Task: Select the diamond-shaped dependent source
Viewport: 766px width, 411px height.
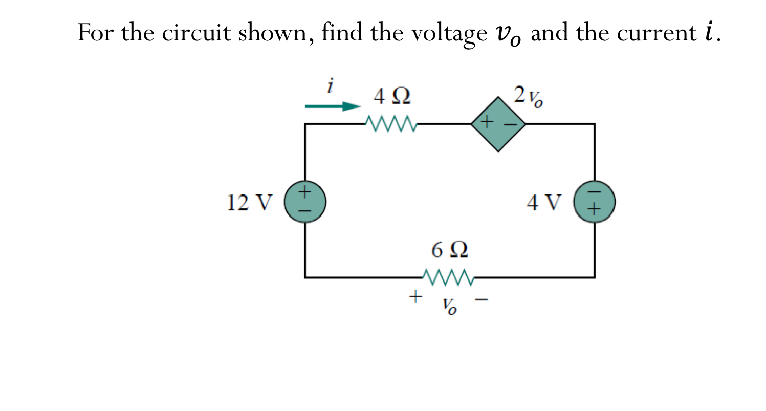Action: (x=498, y=124)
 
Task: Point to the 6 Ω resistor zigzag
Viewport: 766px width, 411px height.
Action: (x=449, y=277)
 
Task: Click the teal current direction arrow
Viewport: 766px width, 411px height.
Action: (x=333, y=106)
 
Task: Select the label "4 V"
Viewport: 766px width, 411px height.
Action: (x=545, y=203)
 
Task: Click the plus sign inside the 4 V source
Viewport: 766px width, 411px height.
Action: (x=594, y=210)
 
